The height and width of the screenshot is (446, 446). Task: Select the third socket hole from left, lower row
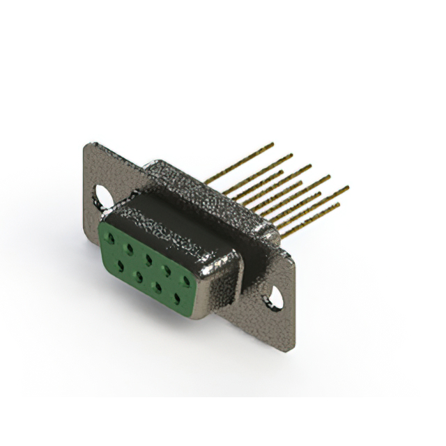pos(158,286)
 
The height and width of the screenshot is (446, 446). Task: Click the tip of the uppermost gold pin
pos(272,144)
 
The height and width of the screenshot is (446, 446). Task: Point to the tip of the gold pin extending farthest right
pos(346,187)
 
